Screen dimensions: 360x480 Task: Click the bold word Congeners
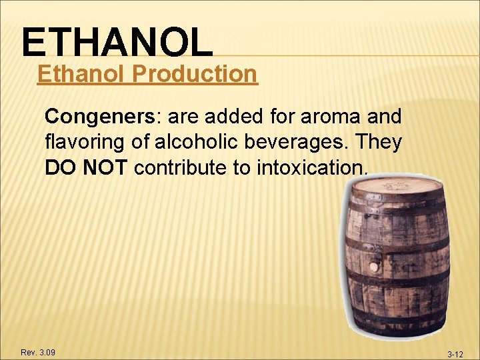(99, 117)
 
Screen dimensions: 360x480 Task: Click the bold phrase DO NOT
(86, 168)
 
